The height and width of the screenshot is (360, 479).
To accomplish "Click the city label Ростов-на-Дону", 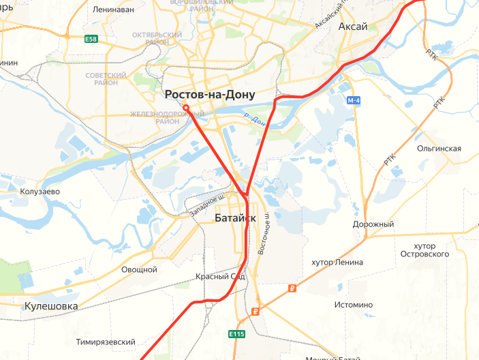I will coord(210,95).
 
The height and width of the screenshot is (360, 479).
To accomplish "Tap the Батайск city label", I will coord(235,218).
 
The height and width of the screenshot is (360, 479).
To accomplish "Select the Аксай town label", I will coord(353,27).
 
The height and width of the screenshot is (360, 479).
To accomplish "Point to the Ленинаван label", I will coord(113,10).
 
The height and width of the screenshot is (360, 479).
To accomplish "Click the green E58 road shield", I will coord(91,40).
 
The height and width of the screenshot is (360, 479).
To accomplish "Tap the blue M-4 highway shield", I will coord(353,101).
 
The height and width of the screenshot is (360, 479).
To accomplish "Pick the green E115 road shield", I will coord(236,333).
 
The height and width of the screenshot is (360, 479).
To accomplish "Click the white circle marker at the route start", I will coord(186,108).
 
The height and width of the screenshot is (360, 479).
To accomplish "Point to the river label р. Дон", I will coord(254,120).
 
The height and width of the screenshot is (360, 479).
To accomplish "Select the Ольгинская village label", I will coord(439,149).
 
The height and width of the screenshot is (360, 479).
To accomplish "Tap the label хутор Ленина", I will coord(337,262).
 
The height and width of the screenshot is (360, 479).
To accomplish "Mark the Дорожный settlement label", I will coord(373,224).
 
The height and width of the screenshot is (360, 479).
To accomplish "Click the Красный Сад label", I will coord(219,277).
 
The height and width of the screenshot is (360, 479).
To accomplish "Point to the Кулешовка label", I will coord(51,306).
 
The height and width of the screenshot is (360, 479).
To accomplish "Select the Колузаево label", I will coord(41,192).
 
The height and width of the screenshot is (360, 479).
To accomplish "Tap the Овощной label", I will coord(139,269).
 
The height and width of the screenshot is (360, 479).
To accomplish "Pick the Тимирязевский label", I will coord(106,342).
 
